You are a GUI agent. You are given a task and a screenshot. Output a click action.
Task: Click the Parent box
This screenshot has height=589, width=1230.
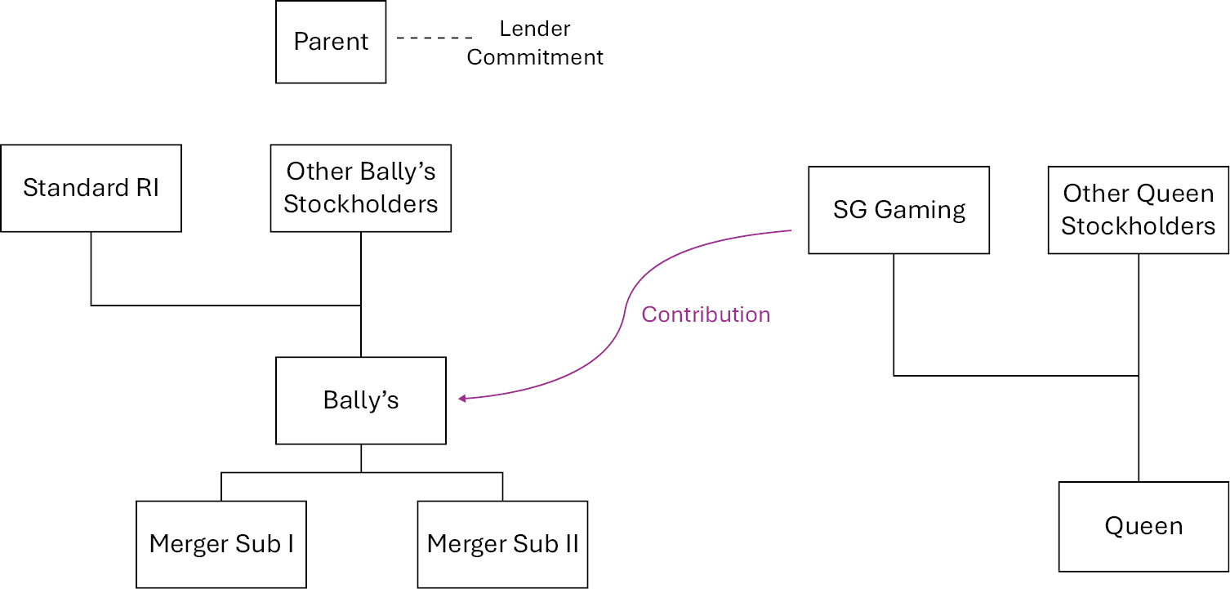click(331, 42)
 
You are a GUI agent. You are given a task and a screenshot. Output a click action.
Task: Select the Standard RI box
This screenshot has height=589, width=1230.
click(91, 189)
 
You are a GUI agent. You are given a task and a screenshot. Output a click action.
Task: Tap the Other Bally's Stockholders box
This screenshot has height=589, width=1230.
click(361, 189)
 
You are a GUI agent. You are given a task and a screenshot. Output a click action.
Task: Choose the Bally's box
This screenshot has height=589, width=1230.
click(361, 400)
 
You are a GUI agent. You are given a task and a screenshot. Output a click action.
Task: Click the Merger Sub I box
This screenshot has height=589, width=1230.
click(221, 544)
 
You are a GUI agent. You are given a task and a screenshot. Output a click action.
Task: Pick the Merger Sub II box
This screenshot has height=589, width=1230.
click(502, 544)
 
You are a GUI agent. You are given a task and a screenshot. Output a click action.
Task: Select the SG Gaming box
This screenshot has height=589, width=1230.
click(898, 210)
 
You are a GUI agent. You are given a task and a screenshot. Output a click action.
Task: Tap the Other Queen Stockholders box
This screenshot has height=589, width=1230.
click(1139, 210)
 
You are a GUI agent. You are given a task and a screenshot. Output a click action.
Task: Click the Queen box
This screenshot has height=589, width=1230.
click(1143, 526)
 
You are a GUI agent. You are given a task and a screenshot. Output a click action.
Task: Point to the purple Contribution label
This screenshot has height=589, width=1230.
click(706, 315)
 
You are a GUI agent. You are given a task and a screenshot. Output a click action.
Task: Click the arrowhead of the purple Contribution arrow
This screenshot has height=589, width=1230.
click(462, 399)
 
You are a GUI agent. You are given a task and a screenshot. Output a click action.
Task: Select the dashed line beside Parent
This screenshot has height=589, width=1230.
click(435, 38)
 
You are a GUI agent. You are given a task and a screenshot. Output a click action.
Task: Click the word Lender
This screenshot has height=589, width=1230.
click(535, 29)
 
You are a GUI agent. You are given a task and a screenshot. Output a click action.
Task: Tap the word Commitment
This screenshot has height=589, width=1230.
click(535, 57)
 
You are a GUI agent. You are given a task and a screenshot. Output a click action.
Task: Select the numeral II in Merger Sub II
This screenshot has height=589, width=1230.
click(569, 544)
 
